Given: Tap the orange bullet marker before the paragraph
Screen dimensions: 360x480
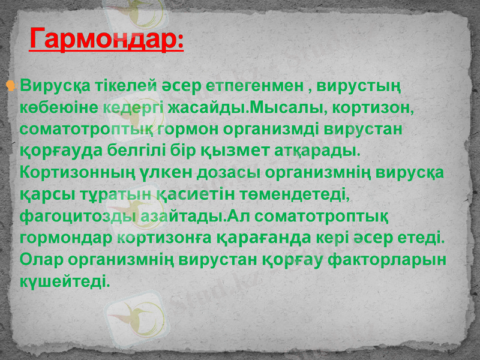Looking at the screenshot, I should pos(10,86).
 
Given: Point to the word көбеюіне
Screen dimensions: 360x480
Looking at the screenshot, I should pos(58,109).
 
